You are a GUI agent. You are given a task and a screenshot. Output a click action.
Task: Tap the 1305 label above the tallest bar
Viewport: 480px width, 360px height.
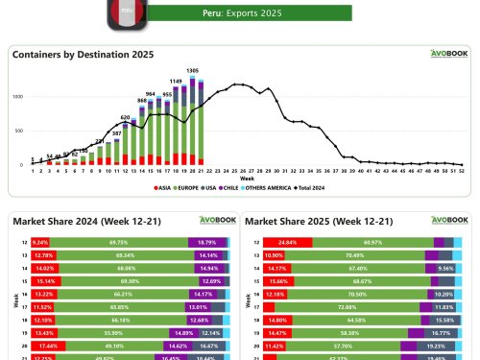[192, 72]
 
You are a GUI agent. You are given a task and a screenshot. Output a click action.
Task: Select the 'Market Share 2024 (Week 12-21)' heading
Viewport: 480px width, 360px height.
[75, 221]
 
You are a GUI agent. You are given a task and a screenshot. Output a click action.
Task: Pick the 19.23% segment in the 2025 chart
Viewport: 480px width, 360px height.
[421, 343]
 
